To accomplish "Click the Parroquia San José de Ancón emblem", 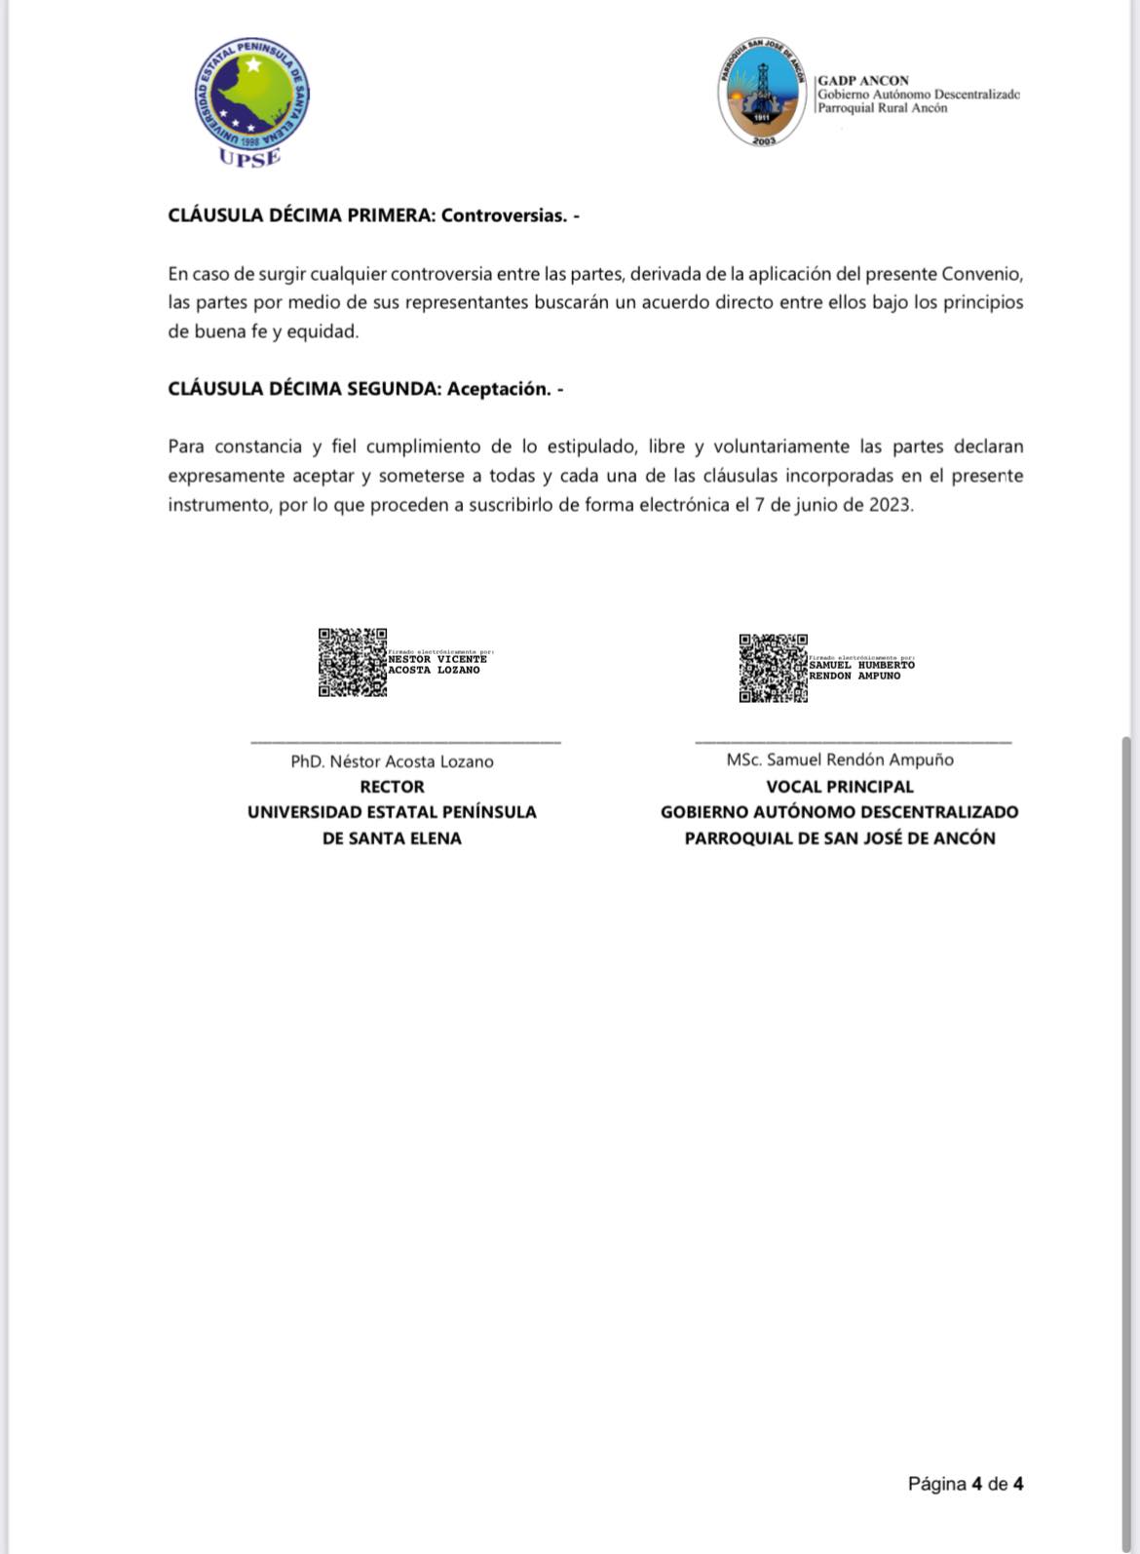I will click(x=764, y=93).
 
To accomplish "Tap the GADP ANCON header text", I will click(x=863, y=81).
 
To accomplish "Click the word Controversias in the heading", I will click(x=503, y=215).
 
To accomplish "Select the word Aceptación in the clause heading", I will click(x=498, y=389).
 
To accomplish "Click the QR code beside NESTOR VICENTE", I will click(x=352, y=662).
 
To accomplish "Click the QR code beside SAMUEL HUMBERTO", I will click(x=773, y=668).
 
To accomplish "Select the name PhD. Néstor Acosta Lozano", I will click(x=392, y=761).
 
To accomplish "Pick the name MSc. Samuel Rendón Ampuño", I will click(x=839, y=759).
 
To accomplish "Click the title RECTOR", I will click(x=392, y=787).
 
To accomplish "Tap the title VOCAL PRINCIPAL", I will click(x=839, y=787).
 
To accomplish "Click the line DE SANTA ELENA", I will click(x=392, y=838).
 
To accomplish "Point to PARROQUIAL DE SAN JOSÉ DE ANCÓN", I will click(x=839, y=838).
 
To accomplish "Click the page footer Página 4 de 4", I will click(x=965, y=1484).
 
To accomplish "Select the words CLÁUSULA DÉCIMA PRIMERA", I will click(x=300, y=215).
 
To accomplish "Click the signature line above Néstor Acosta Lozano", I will click(x=405, y=743).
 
